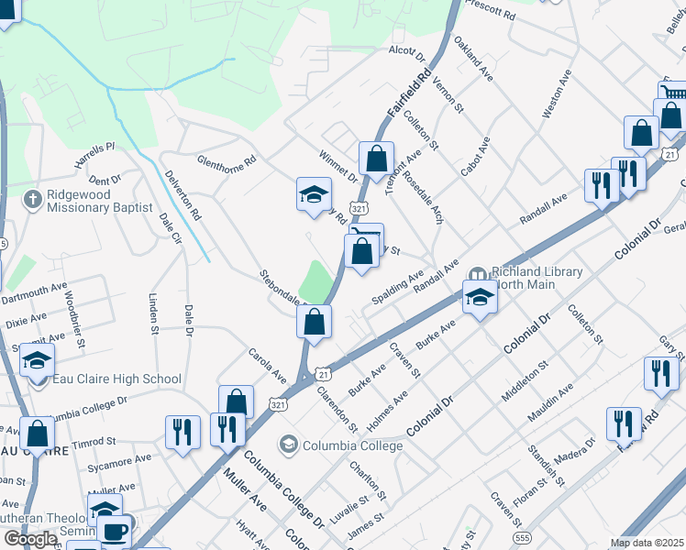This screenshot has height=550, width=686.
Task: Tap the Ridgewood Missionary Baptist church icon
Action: [x=32, y=199]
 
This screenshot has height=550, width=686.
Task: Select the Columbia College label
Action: [x=353, y=445]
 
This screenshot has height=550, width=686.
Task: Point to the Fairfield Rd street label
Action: [x=409, y=93]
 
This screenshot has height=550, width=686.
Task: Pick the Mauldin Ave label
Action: [x=550, y=403]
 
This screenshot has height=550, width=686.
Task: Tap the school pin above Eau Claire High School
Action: [x=37, y=360]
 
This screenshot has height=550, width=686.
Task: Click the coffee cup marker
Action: [x=115, y=531]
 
